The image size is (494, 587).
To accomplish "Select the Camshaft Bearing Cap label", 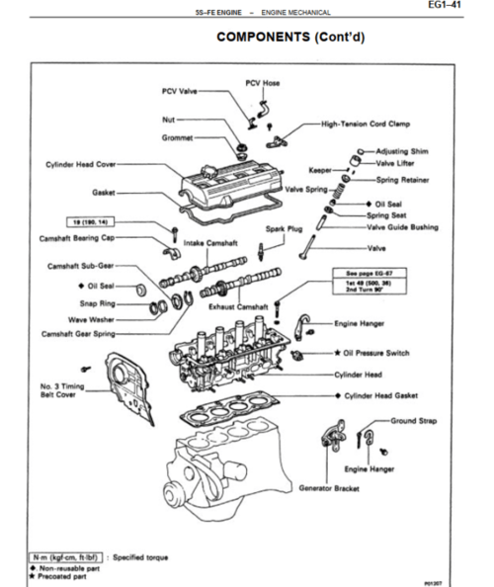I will [x=82, y=238].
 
